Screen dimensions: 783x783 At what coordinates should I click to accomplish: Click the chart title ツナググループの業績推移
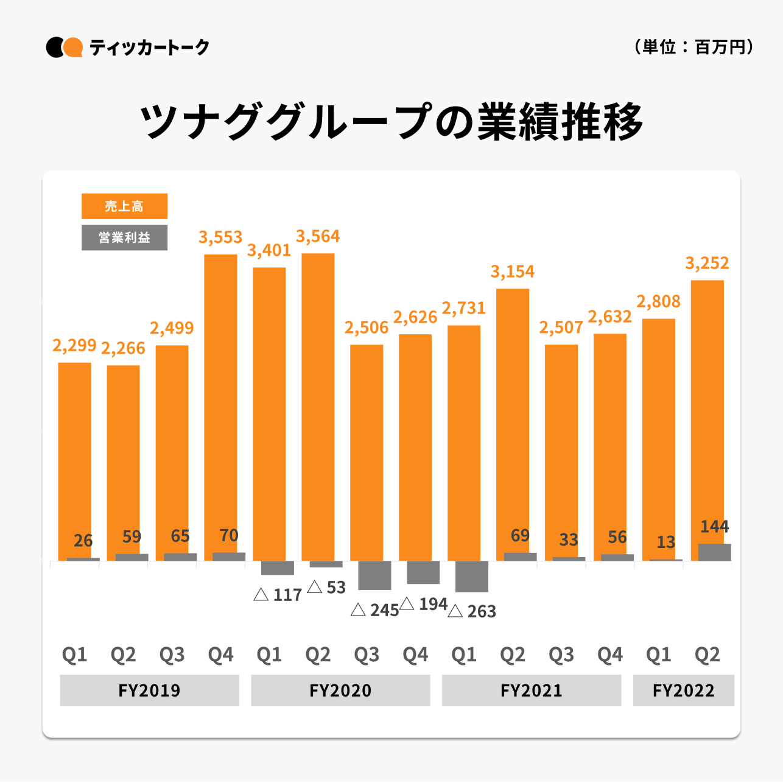click(x=391, y=122)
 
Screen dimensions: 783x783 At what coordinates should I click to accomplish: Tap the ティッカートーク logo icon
click(x=65, y=47)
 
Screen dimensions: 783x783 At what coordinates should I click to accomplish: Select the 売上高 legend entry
click(x=124, y=206)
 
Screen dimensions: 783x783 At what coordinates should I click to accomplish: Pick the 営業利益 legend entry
click(x=124, y=237)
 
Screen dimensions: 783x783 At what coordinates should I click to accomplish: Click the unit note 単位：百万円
click(x=693, y=47)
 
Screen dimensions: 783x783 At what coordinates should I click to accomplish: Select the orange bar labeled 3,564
click(x=318, y=407)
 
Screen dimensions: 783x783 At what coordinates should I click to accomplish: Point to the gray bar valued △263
click(x=472, y=576)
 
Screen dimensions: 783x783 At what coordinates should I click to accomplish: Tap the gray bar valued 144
click(x=714, y=552)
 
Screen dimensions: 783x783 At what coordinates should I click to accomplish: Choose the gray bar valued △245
click(x=374, y=575)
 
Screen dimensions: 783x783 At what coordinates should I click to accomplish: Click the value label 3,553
click(x=220, y=237)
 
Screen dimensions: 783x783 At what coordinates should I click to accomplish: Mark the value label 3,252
click(x=707, y=263)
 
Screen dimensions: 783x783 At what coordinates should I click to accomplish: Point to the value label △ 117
click(x=278, y=595)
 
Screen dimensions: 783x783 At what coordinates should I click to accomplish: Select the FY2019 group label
click(x=149, y=690)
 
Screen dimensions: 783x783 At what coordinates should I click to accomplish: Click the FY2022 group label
click(x=683, y=690)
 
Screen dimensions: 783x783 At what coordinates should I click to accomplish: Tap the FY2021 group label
click(x=531, y=690)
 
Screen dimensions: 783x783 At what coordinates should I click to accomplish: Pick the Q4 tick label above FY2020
click(x=415, y=655)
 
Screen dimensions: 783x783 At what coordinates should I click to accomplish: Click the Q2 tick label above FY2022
click(x=707, y=655)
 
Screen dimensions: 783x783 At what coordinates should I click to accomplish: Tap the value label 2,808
click(x=658, y=301)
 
